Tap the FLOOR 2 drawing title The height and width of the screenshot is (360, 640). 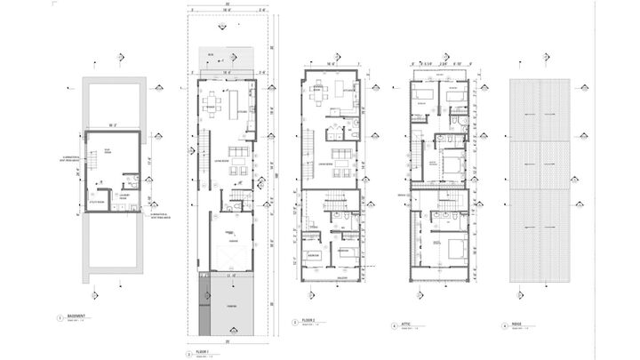[x=308, y=321]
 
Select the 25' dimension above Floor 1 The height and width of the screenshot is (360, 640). [x=228, y=7]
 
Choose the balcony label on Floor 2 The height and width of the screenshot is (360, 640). [x=332, y=276]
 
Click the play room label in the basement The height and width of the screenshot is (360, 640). [x=106, y=150]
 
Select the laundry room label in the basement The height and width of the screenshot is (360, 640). [x=125, y=196]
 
